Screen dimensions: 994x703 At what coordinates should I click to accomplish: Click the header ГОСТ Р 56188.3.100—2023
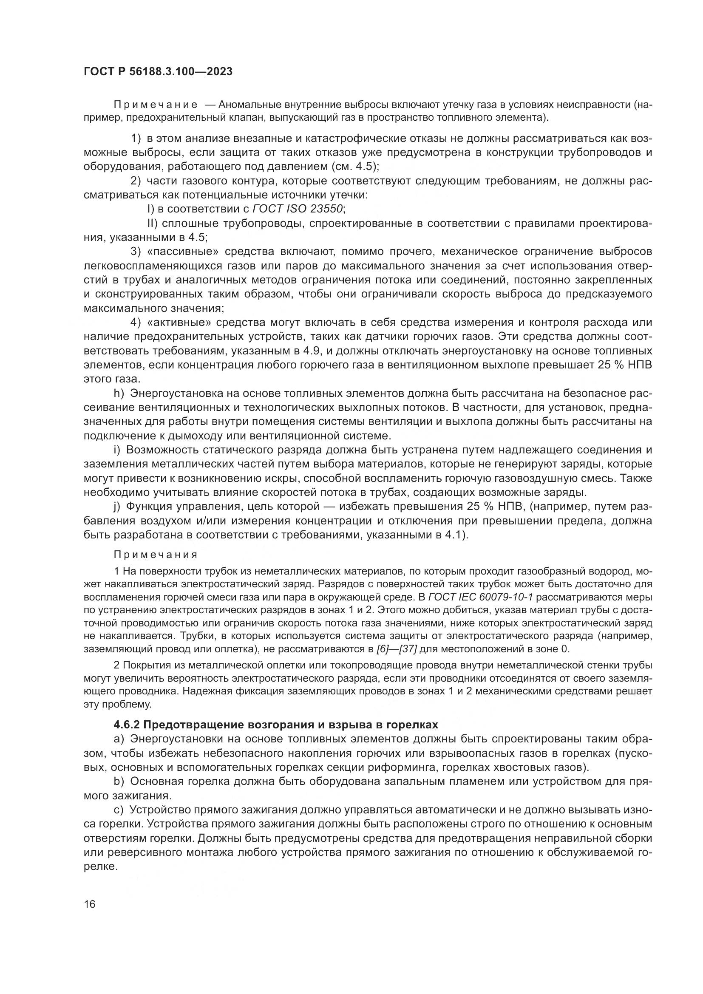tap(158, 71)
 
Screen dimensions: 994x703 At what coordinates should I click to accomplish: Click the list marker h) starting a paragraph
tap(119, 394)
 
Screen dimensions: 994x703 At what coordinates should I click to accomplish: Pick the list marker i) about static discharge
tap(117, 450)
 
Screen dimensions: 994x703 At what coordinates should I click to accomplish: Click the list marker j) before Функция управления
tap(117, 507)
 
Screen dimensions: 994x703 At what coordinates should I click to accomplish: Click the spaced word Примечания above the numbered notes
tap(156, 555)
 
